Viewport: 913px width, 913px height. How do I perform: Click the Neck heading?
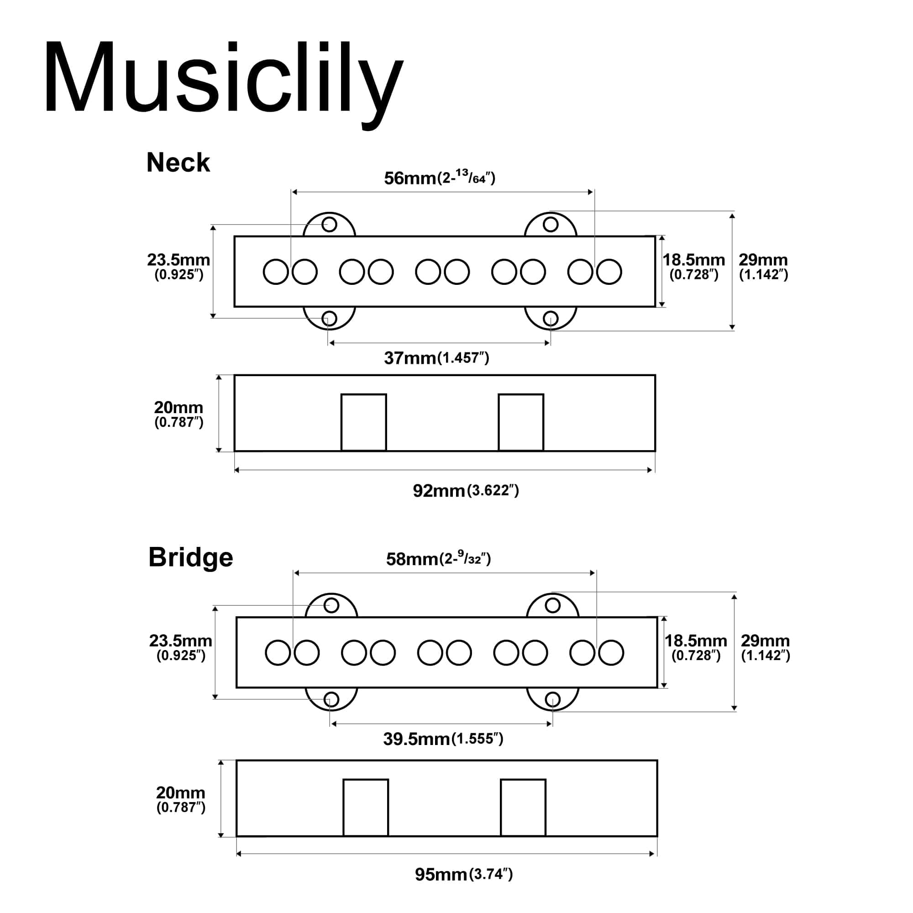tap(178, 163)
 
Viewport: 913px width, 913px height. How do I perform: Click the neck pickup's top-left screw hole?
tap(329, 225)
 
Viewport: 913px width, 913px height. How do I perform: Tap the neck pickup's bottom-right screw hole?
tap(551, 319)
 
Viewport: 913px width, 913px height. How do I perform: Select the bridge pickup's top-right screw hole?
tap(552, 605)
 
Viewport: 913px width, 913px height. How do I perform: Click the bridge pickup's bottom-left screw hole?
tap(331, 699)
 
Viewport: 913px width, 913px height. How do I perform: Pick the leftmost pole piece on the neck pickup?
tap(276, 272)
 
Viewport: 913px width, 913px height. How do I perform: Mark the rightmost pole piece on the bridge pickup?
tap(611, 653)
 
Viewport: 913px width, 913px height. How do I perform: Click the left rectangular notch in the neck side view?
tap(363, 422)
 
